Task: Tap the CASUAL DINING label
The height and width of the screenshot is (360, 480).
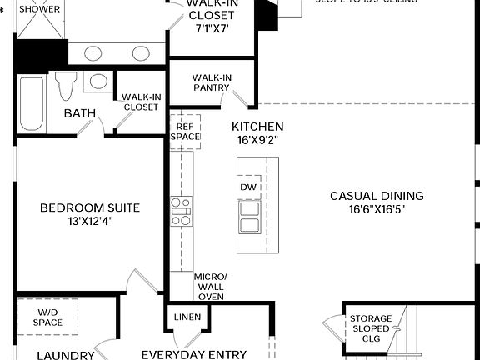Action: [377, 196]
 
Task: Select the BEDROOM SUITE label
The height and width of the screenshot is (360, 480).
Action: [90, 207]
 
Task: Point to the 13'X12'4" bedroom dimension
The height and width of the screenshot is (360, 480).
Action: [90, 221]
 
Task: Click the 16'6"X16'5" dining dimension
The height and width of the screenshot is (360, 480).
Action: [377, 210]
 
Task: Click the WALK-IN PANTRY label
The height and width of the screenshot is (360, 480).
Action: [212, 83]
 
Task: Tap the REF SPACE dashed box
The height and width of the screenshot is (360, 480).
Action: [185, 131]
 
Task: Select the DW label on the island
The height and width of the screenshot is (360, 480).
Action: [247, 187]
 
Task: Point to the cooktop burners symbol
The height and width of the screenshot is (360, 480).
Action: [181, 211]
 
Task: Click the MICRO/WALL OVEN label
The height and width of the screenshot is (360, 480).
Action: [209, 286]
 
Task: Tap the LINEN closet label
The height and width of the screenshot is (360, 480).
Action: [187, 317]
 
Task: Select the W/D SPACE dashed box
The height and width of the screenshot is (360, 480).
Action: [48, 317]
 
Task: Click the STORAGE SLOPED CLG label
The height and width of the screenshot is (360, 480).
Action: [370, 329]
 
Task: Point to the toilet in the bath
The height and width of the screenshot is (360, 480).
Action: [66, 84]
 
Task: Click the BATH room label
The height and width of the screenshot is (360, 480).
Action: [79, 113]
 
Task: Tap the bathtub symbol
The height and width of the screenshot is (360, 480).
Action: [31, 104]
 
